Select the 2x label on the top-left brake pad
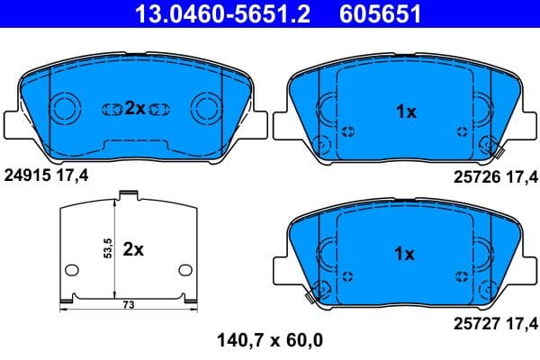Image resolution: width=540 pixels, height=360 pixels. point(135,108)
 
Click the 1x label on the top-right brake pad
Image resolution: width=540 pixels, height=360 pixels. point(406,112)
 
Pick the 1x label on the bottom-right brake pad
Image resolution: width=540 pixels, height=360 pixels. point(406,254)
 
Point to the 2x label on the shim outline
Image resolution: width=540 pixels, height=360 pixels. point(133,249)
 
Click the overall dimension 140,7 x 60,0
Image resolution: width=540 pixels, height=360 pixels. point(270,340)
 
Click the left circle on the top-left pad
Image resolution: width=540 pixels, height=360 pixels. point(67,110)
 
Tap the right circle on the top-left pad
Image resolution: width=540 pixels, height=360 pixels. point(205,110)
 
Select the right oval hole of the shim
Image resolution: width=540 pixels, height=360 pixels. point(185,269)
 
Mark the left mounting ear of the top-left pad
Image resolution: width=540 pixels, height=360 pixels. point(13,123)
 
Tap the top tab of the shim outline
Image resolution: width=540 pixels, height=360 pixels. point(128,193)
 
